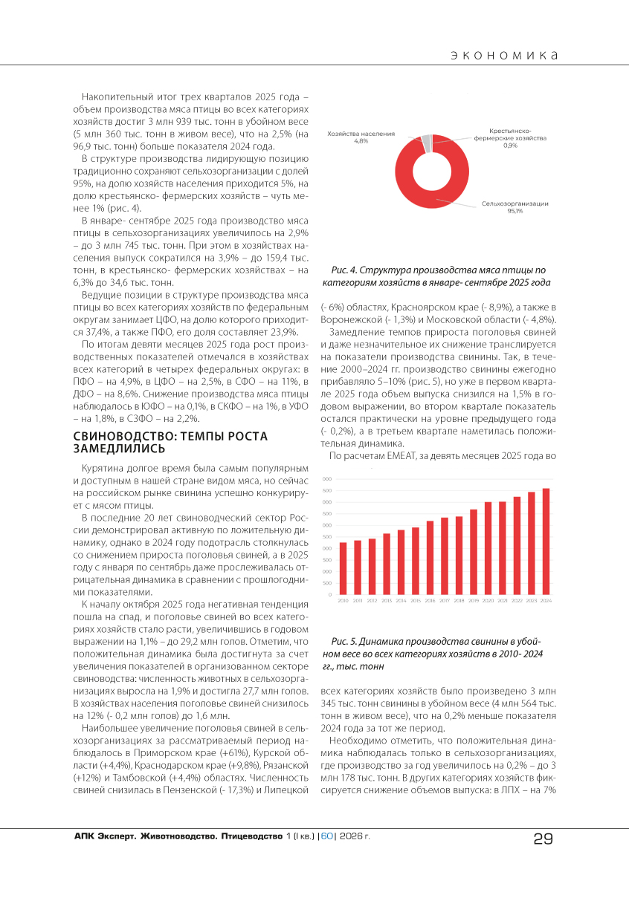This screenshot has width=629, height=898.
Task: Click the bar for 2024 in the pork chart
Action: point(546,541)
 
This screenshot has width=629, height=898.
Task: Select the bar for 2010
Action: point(343,568)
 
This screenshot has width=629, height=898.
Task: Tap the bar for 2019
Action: point(474,552)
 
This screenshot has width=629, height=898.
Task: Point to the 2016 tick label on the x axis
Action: point(430,600)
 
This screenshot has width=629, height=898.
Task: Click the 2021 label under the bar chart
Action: point(503,600)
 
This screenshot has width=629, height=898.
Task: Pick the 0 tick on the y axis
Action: point(329,594)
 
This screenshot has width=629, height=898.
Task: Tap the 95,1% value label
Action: point(515,211)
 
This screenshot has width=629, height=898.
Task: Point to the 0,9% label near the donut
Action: point(510,145)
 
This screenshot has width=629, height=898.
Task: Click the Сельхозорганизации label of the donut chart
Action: point(515,203)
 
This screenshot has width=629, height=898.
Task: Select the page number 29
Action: point(543,839)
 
